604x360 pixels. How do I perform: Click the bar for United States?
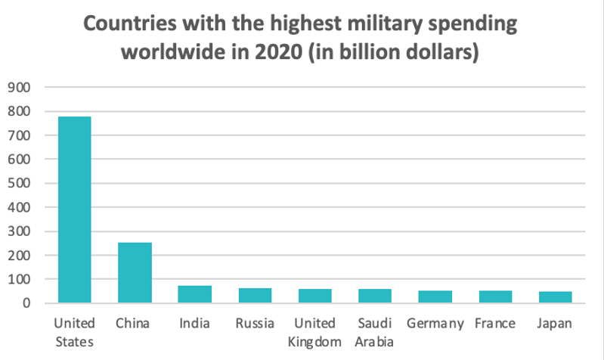(x=74, y=209)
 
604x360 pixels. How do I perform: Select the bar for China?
(x=134, y=272)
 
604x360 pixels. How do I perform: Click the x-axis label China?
(x=134, y=324)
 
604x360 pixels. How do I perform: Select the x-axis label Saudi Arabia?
(x=374, y=333)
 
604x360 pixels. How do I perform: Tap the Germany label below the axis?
(x=435, y=324)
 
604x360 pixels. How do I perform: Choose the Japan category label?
(x=555, y=324)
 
